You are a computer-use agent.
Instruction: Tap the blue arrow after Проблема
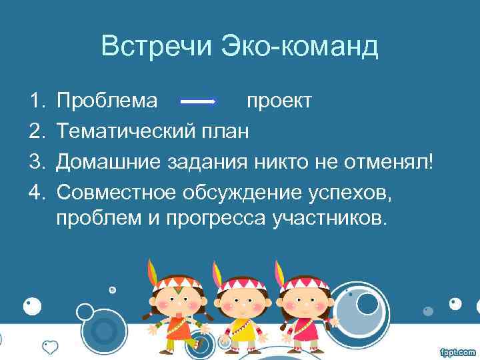(x=199, y=101)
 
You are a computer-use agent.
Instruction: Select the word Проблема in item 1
(x=107, y=101)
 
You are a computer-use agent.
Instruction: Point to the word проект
(x=279, y=101)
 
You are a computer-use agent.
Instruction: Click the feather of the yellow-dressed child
(x=217, y=273)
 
